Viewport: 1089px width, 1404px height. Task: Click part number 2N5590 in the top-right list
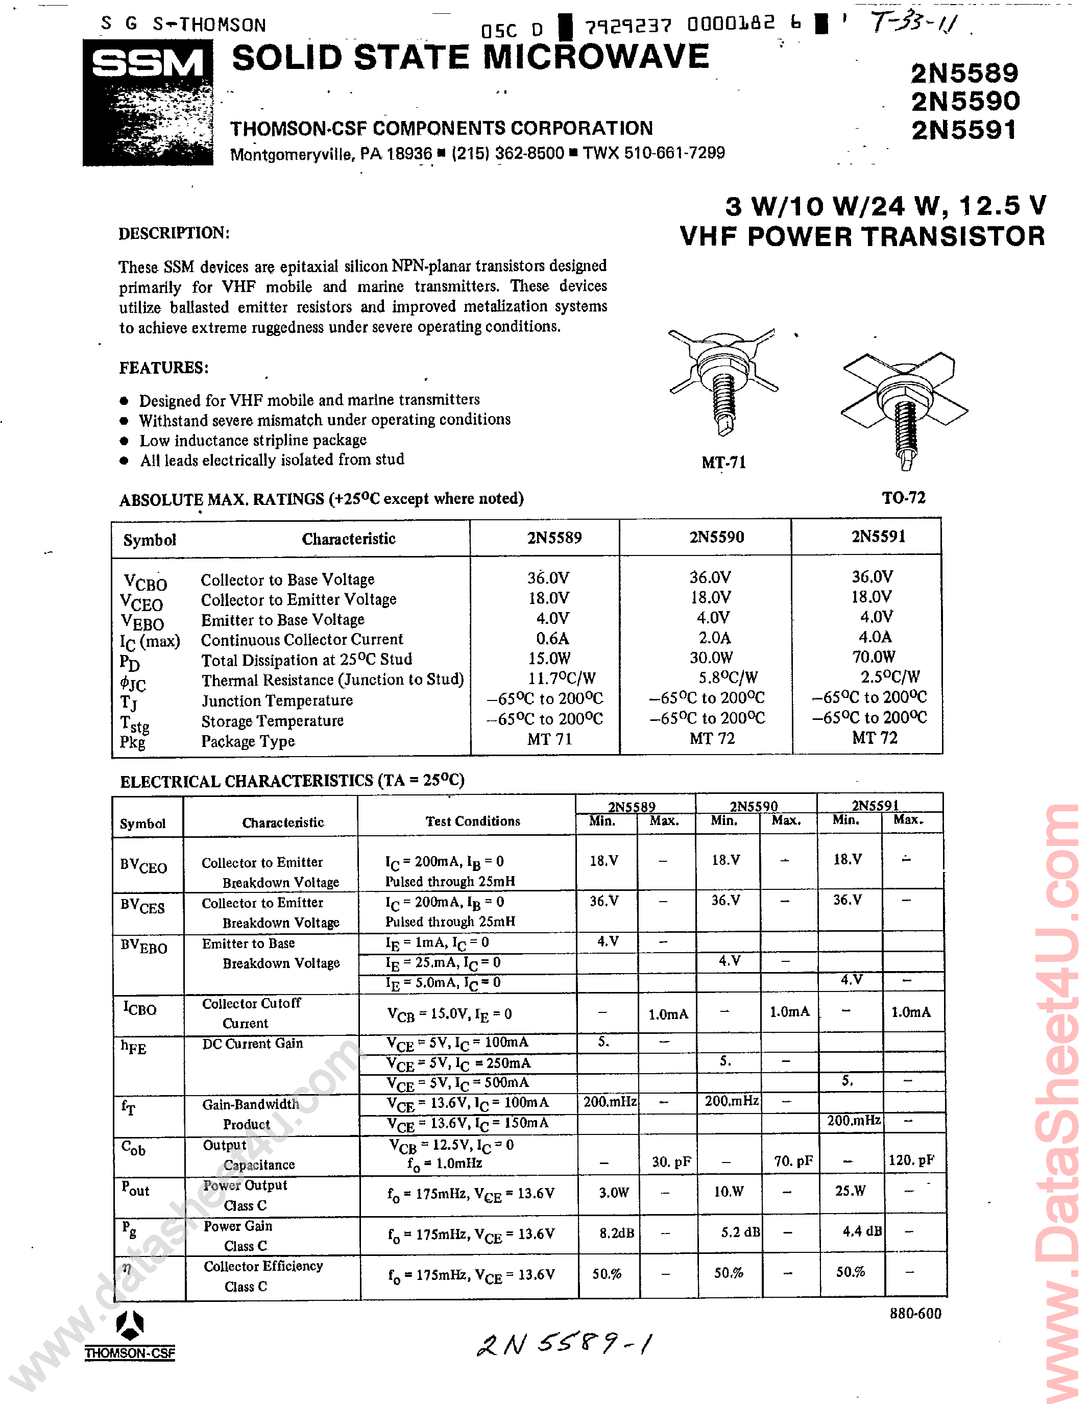[x=965, y=102]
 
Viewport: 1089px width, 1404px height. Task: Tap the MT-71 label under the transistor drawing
[x=723, y=462]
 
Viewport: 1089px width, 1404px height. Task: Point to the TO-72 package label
[x=903, y=498]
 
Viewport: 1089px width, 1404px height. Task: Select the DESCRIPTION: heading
[x=174, y=233]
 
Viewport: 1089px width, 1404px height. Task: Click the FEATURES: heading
[x=163, y=368]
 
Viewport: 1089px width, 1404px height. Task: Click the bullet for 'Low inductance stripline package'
[x=124, y=441]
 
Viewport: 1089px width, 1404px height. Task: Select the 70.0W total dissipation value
[x=874, y=657]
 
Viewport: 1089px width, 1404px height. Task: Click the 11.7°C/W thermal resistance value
[x=561, y=678]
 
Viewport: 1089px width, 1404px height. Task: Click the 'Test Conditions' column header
[x=472, y=821]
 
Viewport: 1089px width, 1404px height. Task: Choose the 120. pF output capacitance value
[x=911, y=1160]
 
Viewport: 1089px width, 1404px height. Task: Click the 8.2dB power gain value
[x=616, y=1233]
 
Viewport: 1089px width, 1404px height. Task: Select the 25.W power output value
[x=850, y=1191]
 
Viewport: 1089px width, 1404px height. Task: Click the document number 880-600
[x=915, y=1313]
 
